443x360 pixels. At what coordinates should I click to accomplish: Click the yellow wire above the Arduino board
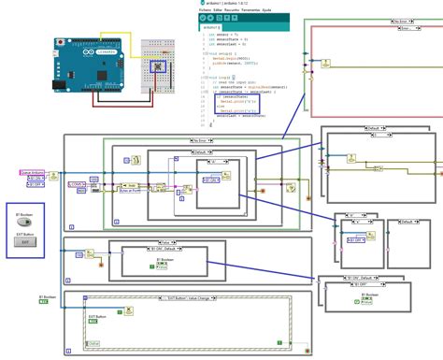click(112, 35)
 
